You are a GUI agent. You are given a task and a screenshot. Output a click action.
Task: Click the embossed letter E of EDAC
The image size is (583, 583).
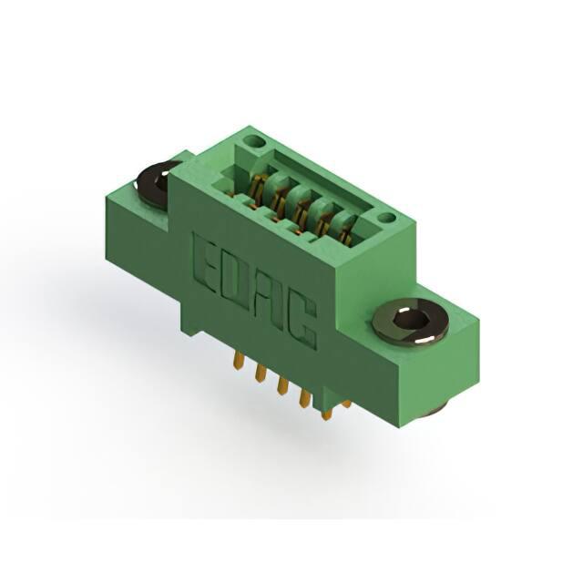(203, 261)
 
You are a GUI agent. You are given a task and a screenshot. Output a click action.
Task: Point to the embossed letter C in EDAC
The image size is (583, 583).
(303, 322)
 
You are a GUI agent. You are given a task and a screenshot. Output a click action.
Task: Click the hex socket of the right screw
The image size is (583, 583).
(408, 320)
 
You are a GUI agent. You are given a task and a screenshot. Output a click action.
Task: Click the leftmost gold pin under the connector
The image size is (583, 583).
(239, 361)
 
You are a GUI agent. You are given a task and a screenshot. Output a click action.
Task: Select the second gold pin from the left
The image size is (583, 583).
(261, 373)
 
